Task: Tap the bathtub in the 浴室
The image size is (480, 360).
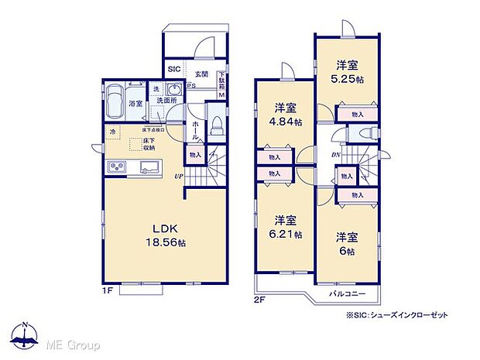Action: [115, 98]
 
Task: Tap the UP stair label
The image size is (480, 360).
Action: [178, 177]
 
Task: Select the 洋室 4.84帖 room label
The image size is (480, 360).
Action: [284, 114]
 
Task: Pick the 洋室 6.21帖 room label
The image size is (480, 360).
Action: [284, 226]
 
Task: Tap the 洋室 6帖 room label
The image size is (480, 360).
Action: [345, 244]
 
